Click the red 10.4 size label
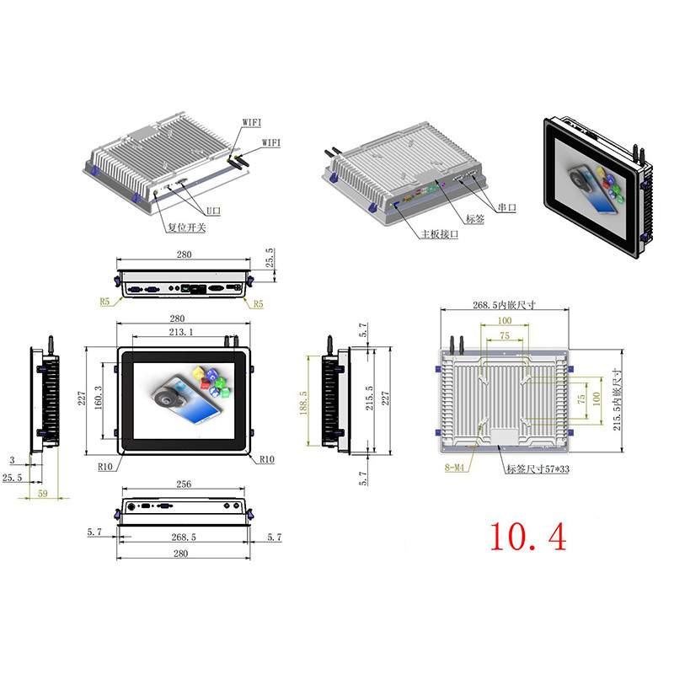pos(528,537)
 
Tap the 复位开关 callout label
pos(186,227)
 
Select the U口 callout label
pos(213,211)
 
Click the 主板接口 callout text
pos(439,234)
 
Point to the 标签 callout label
pos(475,219)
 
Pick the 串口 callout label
pos(507,207)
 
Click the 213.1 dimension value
pos(181,332)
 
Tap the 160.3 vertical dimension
pos(99,398)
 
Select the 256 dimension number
pos(184,484)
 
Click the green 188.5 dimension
pos(303,403)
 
